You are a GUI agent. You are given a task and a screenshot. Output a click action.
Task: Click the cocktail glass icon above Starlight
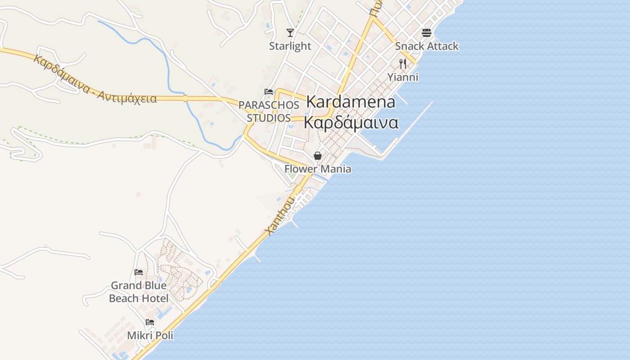click(290, 33)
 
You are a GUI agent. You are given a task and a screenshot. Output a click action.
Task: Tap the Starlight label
click(290, 46)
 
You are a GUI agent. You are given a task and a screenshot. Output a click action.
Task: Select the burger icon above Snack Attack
click(427, 33)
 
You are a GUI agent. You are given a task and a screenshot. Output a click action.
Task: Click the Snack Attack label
click(427, 46)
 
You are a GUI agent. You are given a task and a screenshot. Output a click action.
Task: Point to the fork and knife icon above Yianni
click(403, 64)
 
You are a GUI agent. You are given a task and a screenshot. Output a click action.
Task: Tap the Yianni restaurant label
click(403, 77)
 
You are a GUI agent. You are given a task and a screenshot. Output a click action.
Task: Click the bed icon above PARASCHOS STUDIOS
click(269, 92)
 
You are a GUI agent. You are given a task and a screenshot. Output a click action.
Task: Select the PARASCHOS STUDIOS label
click(269, 111)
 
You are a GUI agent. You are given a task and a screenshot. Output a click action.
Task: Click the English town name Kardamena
click(351, 102)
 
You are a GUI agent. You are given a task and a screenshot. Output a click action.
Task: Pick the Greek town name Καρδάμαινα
click(351, 122)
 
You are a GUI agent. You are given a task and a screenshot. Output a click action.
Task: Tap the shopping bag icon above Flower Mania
click(318, 156)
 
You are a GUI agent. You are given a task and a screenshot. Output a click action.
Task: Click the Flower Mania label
click(318, 169)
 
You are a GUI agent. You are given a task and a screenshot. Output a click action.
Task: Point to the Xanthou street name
click(280, 216)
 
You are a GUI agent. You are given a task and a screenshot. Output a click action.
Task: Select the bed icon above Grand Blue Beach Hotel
click(139, 272)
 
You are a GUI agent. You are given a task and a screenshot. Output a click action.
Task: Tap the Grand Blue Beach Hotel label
click(139, 292)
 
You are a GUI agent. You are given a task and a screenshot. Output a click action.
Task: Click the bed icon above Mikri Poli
click(150, 322)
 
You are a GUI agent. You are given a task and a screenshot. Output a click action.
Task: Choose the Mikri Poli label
click(150, 335)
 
